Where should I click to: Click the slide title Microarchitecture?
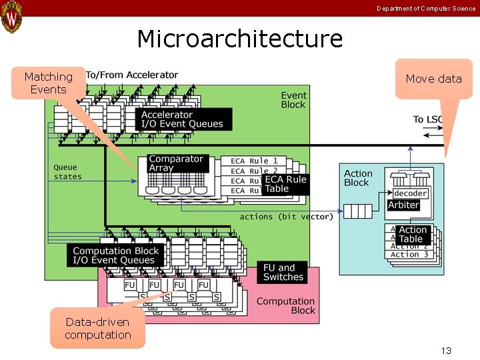pos(239,39)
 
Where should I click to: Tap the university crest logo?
pos(11,17)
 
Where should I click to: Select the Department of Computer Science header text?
pos(426,9)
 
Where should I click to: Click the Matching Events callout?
pos(48,83)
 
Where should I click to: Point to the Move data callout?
pos(433,79)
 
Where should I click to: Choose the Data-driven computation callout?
pos(98,329)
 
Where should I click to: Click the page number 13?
pos(446,351)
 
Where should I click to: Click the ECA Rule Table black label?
pos(285,184)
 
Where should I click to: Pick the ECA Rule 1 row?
pos(254,161)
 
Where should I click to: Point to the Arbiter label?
pos(403,205)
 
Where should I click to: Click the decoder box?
pos(410,193)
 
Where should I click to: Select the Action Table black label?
pos(413,235)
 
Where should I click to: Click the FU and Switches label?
pos(283,272)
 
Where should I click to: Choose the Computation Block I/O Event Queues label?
pos(115,256)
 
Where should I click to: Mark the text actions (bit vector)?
pos(286,217)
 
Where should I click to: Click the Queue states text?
pos(67,172)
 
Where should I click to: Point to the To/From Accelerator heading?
pos(132,75)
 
